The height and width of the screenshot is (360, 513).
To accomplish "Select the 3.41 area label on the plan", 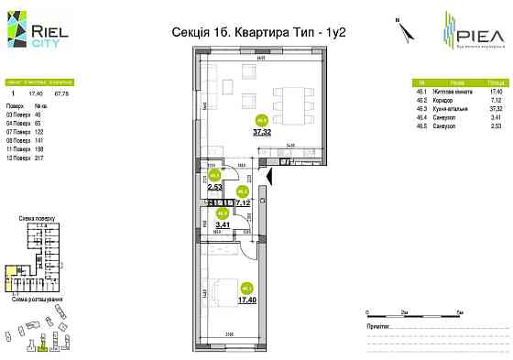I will coord(221,223).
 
